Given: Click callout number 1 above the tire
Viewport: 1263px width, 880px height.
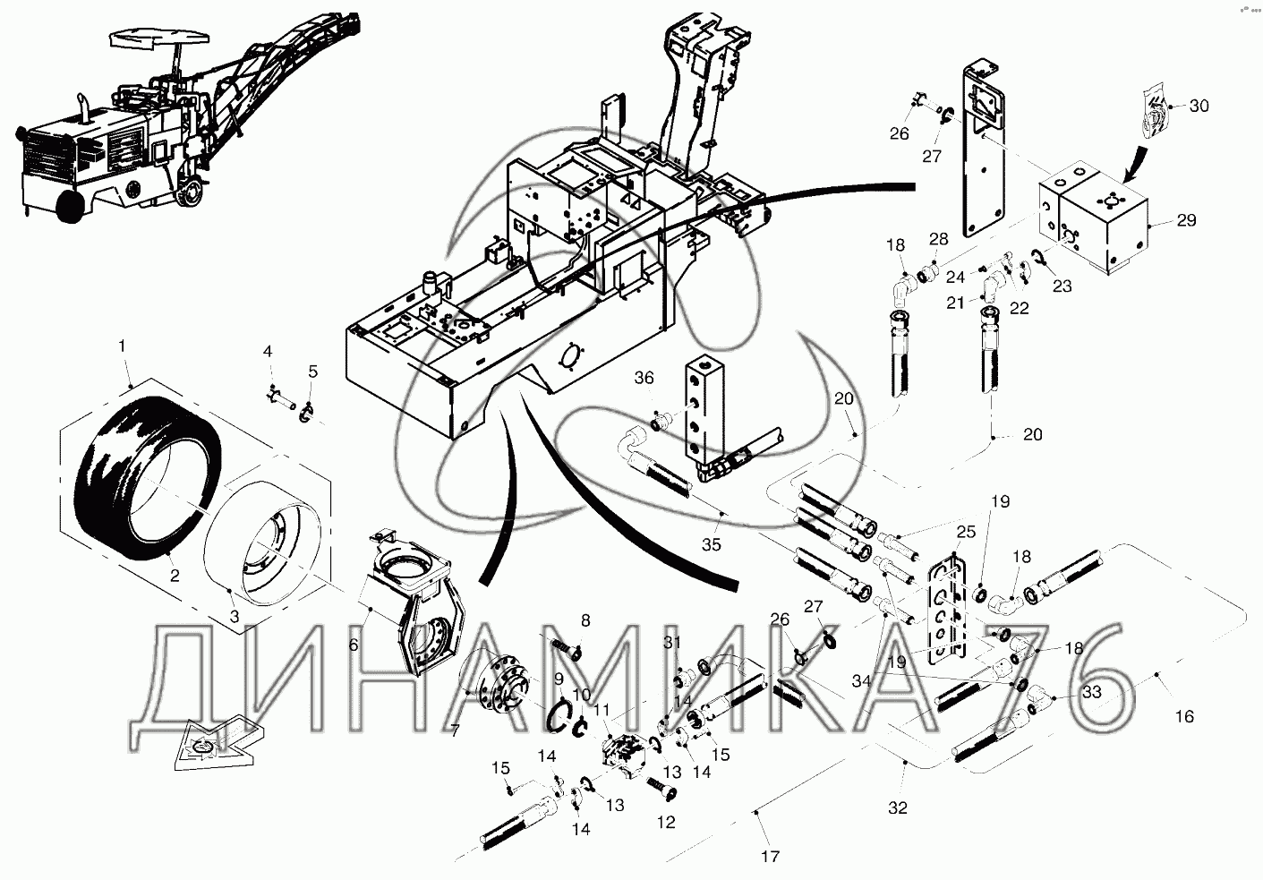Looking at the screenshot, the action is tap(123, 345).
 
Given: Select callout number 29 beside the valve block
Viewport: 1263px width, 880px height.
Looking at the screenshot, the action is tap(1186, 219).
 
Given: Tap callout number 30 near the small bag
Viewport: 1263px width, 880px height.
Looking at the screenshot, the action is tap(1199, 106).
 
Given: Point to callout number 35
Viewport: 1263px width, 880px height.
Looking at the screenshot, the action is tap(712, 543).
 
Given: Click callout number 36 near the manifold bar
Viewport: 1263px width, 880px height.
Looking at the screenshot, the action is tap(644, 379).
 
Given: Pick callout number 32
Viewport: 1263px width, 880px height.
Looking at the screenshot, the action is tap(897, 807).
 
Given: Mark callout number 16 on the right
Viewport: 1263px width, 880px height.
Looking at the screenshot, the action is tap(1184, 716).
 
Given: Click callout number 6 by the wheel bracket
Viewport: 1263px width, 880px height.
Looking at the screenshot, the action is tap(353, 645).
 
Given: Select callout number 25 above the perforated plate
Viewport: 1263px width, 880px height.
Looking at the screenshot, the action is tap(965, 532).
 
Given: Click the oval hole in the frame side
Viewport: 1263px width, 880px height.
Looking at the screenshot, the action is tap(567, 355).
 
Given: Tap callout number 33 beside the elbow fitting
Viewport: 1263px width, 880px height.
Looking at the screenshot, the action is tap(1092, 691).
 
